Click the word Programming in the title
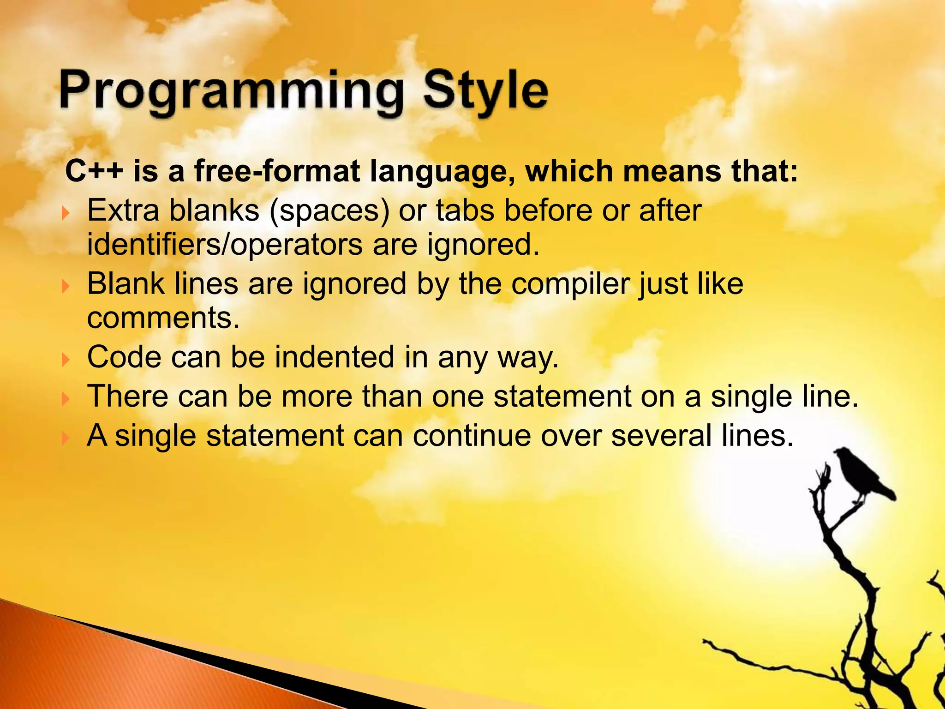tap(231, 92)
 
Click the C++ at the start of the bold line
tap(94, 171)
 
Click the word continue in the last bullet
tap(471, 435)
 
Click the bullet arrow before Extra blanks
tap(66, 213)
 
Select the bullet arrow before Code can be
tap(66, 359)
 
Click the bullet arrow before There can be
tap(66, 398)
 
